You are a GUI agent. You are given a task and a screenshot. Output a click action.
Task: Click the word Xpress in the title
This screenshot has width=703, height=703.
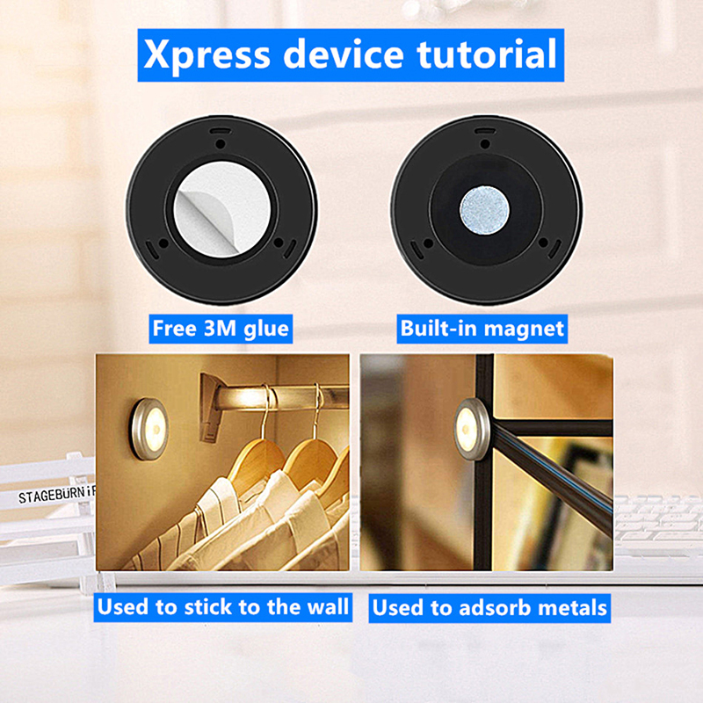(207, 54)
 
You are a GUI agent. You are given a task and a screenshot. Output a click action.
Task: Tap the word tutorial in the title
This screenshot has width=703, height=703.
(487, 54)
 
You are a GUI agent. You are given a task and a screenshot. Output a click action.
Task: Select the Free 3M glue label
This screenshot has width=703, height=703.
(221, 329)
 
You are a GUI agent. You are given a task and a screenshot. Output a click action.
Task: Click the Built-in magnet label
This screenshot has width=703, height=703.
(482, 329)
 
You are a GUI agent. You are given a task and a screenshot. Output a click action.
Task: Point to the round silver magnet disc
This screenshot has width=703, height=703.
(485, 210)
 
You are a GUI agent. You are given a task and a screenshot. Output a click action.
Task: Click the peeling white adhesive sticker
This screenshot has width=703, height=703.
(222, 210)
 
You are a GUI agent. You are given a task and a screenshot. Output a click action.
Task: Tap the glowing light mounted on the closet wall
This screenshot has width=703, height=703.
(149, 429)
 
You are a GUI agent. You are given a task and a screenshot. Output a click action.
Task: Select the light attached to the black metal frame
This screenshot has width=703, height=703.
(472, 429)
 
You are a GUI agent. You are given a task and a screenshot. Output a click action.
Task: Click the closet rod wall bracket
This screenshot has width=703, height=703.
(212, 407)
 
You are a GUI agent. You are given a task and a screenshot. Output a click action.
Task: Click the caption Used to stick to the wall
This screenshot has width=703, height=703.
(223, 607)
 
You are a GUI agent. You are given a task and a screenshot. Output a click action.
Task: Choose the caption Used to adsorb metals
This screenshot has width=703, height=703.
(489, 608)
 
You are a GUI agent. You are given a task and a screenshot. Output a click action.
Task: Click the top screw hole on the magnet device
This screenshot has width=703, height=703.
(485, 144)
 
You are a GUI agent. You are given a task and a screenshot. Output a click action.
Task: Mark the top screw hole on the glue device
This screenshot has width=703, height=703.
(221, 144)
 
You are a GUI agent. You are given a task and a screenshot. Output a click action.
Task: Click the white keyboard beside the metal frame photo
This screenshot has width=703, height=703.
(657, 525)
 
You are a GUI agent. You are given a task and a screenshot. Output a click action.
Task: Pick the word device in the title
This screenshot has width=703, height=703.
(344, 54)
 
